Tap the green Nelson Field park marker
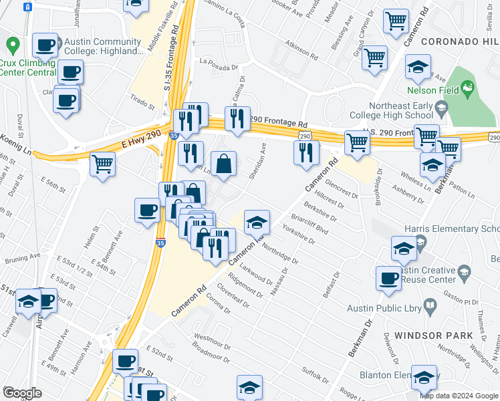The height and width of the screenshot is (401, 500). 467,88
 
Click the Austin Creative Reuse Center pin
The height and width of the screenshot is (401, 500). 464,272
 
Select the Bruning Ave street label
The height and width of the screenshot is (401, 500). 21,255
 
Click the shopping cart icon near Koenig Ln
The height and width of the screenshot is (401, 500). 102,163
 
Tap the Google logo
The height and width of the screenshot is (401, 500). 22,393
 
